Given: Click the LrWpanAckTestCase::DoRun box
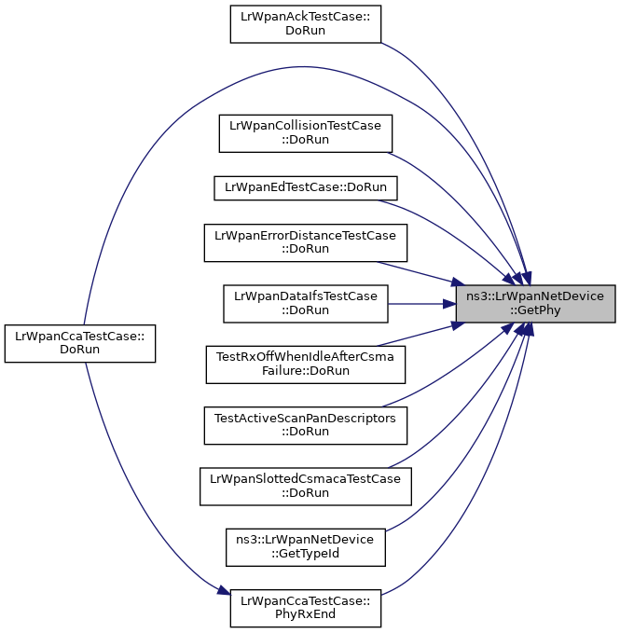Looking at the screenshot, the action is [306, 24].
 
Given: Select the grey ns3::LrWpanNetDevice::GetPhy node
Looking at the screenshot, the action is [535, 304].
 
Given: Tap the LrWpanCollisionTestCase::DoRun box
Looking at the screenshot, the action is [306, 133].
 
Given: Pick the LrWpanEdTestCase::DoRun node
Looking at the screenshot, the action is [306, 187].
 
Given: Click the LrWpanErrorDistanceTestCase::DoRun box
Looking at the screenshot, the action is [306, 242].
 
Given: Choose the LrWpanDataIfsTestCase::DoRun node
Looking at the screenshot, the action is [306, 304].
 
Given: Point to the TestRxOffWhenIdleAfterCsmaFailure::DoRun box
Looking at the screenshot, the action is [306, 365].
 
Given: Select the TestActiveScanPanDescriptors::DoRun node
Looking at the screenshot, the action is [306, 425].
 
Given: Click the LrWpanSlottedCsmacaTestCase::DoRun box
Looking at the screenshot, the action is [306, 487].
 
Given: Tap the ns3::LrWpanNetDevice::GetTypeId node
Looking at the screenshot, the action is [306, 547].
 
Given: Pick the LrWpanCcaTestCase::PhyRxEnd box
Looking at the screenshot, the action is [306, 609].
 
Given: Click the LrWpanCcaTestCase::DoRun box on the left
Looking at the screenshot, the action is [80, 344].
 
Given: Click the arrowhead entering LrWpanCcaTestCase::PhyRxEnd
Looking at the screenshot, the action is [224, 591].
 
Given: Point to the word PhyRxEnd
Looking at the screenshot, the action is [305, 614].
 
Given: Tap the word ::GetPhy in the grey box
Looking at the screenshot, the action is [535, 310].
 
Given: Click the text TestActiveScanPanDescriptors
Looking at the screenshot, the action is [305, 419].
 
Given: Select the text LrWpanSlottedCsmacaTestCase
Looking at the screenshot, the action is [305, 479].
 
